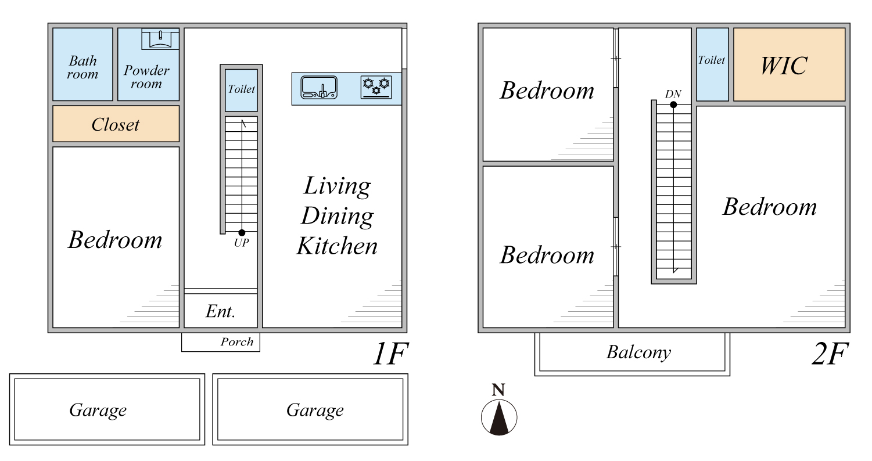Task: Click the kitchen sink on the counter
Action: pos(319,87)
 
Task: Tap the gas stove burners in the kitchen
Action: pos(376,87)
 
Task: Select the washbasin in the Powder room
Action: pos(160,39)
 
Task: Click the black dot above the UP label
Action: pos(242,233)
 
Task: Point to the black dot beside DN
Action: pos(673,105)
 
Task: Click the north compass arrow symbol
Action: pos(499,417)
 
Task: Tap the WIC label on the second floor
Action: pos(784,66)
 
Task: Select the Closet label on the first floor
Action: pos(115,125)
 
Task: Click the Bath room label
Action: pos(82,67)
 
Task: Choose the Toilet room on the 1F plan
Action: pos(241,90)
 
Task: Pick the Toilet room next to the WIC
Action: pos(712,64)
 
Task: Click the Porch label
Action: pos(237,342)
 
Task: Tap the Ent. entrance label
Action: pos(220,311)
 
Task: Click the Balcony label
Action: pos(639,352)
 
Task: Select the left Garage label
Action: pos(98,410)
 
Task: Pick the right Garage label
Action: pos(315,410)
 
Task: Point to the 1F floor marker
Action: pos(390,354)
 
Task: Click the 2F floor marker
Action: pos(830,354)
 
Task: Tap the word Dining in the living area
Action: pos(337,217)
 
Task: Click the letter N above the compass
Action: pos(498,390)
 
